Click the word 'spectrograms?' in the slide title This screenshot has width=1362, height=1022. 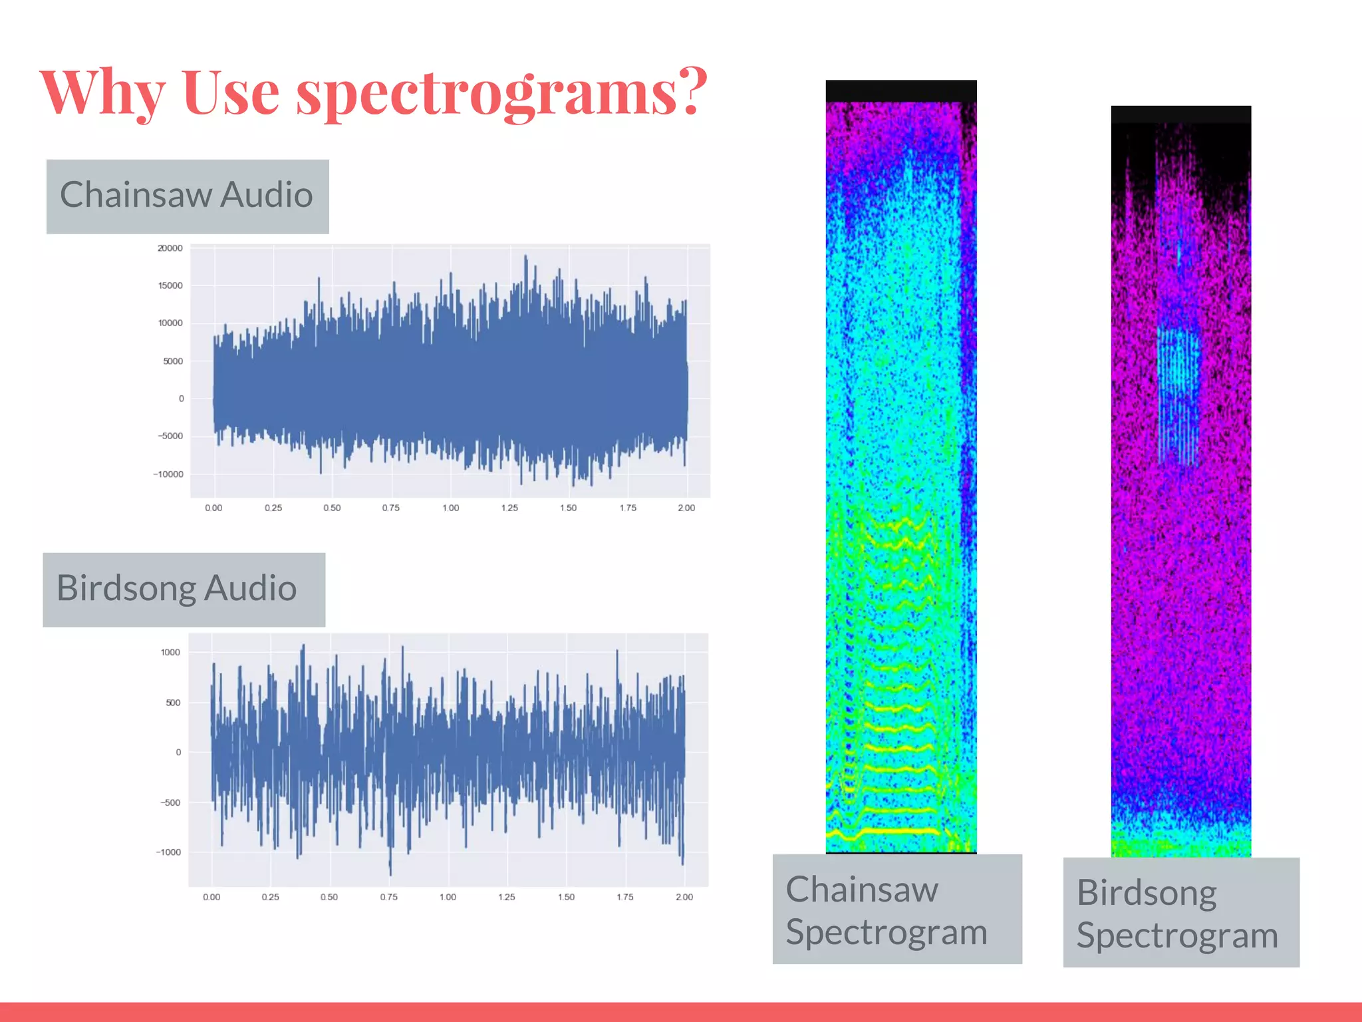pyautogui.click(x=502, y=93)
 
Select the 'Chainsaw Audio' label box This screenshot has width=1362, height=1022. pyautogui.click(x=188, y=196)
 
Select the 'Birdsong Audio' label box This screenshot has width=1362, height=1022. pyautogui.click(x=184, y=590)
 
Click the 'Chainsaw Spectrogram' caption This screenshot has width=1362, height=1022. pyautogui.click(x=896, y=910)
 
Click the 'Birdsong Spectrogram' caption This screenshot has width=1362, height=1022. pyautogui.click(x=1180, y=913)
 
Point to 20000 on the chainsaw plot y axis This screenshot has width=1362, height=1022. pyautogui.click(x=170, y=248)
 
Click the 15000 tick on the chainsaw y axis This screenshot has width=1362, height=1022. pyautogui.click(x=170, y=285)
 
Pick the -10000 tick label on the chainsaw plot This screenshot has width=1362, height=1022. pyautogui.click(x=168, y=474)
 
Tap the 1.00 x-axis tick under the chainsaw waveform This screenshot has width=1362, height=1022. pyautogui.click(x=450, y=508)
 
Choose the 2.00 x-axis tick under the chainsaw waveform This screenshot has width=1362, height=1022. pyautogui.click(x=686, y=508)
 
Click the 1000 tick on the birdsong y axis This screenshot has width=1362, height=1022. pyautogui.click(x=170, y=652)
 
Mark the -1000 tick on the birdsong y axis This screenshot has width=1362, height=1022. pyautogui.click(x=168, y=852)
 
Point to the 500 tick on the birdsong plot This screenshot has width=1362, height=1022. pyautogui.click(x=173, y=703)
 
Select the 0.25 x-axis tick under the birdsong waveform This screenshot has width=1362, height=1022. pyautogui.click(x=270, y=897)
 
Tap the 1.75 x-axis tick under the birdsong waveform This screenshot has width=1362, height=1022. pyautogui.click(x=625, y=897)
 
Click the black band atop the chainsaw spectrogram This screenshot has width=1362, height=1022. pyautogui.click(x=901, y=90)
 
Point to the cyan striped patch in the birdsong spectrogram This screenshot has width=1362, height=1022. pyautogui.click(x=1178, y=393)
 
